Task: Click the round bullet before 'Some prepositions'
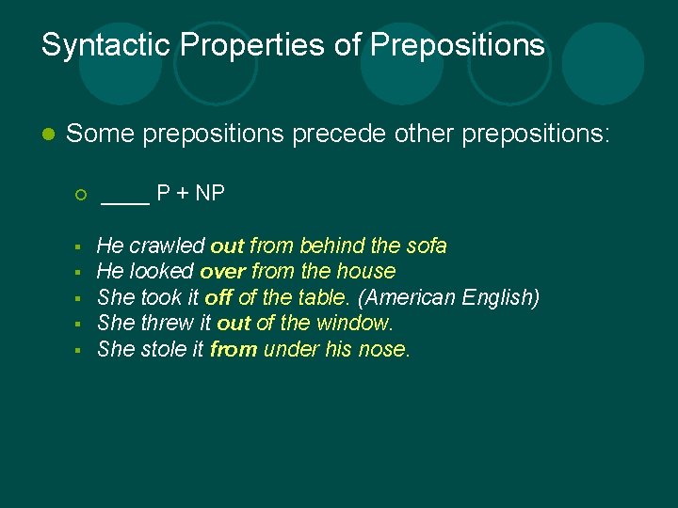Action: coord(48,135)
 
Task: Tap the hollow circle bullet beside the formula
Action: coord(81,195)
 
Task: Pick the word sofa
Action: coord(426,246)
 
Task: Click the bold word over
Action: coord(221,272)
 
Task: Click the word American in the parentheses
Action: coord(408,297)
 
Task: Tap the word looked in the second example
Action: coord(162,272)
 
